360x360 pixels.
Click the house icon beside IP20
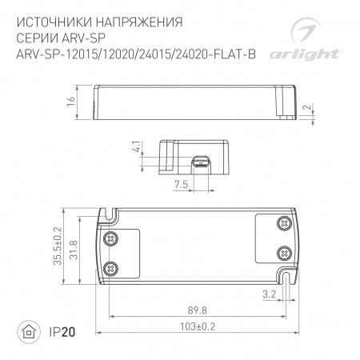(30, 332)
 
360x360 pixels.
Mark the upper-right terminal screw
(282, 222)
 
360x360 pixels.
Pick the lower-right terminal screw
(282, 252)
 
